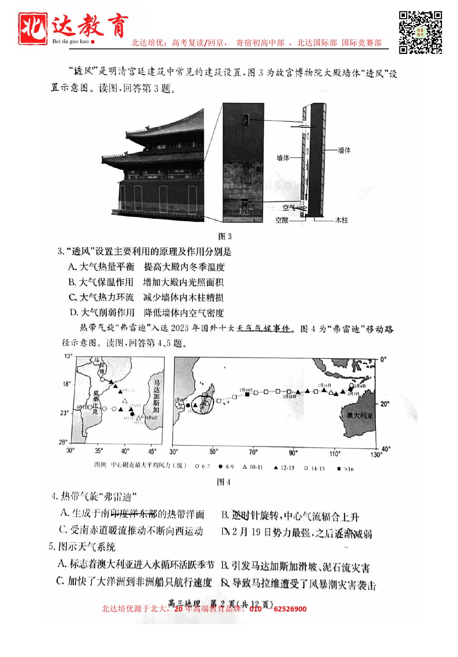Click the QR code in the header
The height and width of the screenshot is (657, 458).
[420, 32]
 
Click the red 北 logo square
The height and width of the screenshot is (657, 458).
[33, 29]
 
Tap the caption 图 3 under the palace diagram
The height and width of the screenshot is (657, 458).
[225, 236]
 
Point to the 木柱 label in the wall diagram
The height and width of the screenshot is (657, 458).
[341, 220]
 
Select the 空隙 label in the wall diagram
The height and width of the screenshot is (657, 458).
[282, 220]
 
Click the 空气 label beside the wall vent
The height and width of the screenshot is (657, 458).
[289, 208]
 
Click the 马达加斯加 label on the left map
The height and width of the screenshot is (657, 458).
[156, 396]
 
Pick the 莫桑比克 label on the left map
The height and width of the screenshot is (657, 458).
[96, 402]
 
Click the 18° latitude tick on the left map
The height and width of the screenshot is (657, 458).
[67, 384]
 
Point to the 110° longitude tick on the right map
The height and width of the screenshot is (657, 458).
[335, 454]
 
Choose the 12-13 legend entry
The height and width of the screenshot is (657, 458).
[284, 468]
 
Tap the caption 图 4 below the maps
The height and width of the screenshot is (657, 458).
[223, 482]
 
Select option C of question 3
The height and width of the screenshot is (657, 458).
[146, 298]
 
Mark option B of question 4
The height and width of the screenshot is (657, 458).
[290, 516]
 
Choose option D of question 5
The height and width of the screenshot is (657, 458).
[298, 584]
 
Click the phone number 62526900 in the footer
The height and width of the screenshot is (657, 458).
[290, 609]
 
